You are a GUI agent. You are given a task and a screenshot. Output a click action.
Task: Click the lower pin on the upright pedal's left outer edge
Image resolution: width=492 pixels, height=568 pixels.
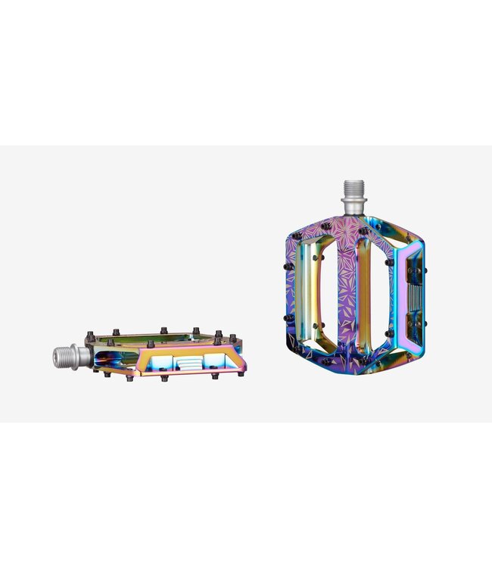coord(287,319)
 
